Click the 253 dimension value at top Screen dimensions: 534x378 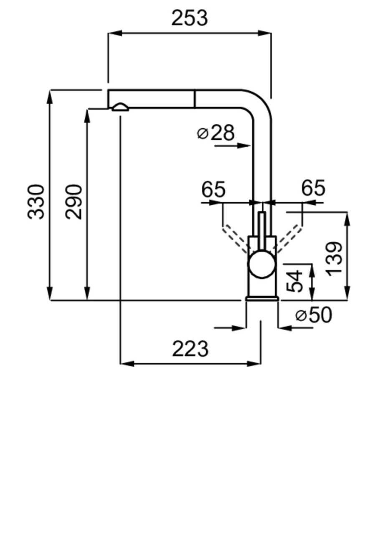pos(189,18)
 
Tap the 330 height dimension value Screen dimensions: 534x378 pos(36,202)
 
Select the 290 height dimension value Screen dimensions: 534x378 pos(74,202)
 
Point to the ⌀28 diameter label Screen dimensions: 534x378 pos(216,133)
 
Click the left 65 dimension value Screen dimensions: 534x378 pos(213,190)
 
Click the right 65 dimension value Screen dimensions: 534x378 pos(313,188)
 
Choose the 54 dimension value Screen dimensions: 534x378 pos(295,281)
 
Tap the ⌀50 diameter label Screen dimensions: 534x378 pos(314,315)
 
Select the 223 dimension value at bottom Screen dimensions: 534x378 pos(190,349)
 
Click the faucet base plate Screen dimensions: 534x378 pos(262,298)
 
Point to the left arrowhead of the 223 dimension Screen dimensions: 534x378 pos(127,364)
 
